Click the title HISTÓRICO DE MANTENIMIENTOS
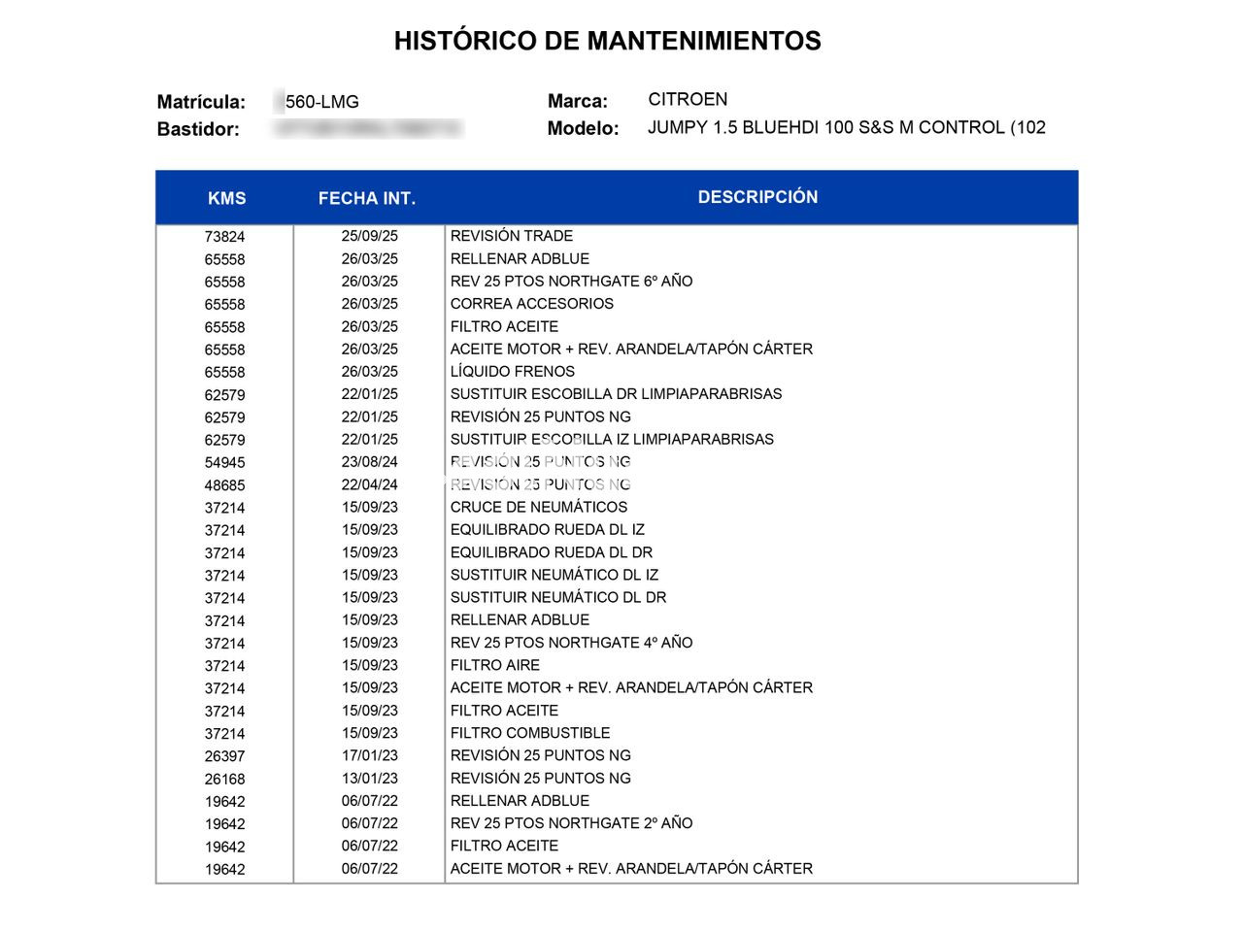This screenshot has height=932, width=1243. tap(607, 41)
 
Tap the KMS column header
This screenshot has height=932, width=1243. tap(226, 198)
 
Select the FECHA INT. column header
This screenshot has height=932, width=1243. tap(366, 198)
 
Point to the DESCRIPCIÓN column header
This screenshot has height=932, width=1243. tap(757, 197)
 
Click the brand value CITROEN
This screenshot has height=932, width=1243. tap(688, 99)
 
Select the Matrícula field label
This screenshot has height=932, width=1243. tap(201, 102)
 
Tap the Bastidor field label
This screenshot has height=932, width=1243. tap(198, 129)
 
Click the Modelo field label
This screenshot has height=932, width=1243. tap(583, 128)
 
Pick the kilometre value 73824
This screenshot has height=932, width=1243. tap(224, 237)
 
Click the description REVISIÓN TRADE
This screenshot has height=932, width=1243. tap(511, 236)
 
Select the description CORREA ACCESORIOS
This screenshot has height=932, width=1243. tap(531, 304)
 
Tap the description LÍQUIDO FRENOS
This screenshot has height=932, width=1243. tap(512, 372)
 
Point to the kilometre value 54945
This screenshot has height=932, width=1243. tap(224, 463)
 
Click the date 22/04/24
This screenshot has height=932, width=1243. tap(369, 484)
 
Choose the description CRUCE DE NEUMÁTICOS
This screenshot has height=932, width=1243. tap(538, 507)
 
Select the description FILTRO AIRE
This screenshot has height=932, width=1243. tap(494, 665)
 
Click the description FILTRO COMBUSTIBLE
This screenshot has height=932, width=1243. tap(529, 733)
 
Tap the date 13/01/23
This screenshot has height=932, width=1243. tap(369, 779)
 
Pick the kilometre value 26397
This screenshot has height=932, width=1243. tap(224, 756)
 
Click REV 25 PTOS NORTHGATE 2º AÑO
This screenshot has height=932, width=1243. tap(571, 823)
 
